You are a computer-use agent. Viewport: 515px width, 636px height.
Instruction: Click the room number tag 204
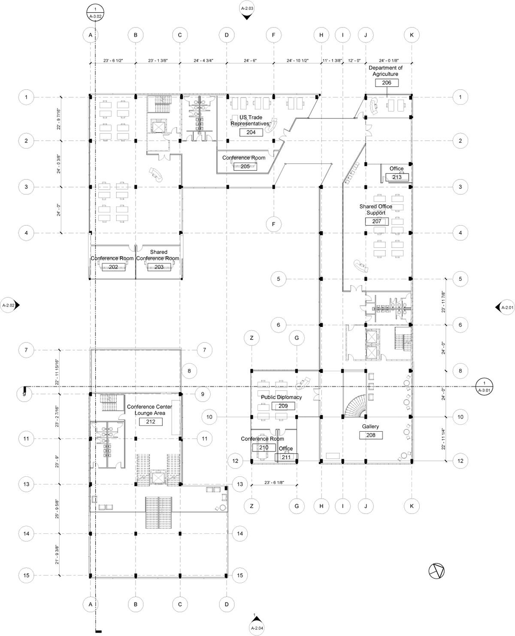click(251, 132)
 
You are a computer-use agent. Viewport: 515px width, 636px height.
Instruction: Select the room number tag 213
click(397, 177)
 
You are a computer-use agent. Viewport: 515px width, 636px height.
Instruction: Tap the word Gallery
click(370, 427)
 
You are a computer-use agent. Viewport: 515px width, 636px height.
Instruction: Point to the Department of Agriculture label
click(385, 71)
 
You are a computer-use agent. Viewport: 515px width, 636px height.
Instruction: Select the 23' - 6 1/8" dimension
click(274, 482)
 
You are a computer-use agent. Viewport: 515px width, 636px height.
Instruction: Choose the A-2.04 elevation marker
click(256, 627)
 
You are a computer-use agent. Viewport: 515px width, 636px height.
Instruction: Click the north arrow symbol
click(436, 571)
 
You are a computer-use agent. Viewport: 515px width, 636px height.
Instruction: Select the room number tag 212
click(150, 422)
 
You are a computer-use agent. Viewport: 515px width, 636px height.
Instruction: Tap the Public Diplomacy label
click(282, 397)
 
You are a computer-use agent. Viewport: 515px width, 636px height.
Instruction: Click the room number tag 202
click(113, 267)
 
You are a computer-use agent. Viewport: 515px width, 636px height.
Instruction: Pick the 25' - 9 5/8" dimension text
click(57, 509)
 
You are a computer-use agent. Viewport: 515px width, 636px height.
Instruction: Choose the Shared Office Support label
click(376, 209)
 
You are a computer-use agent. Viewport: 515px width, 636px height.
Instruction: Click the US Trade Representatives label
click(251, 121)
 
